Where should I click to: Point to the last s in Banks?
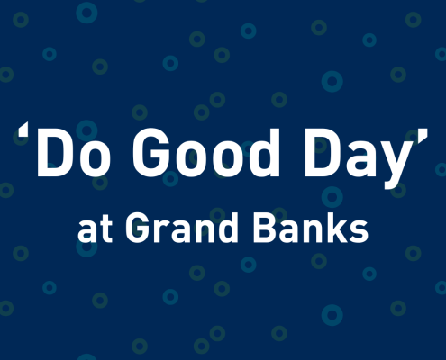coord(360,231)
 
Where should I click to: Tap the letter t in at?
coord(100,229)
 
